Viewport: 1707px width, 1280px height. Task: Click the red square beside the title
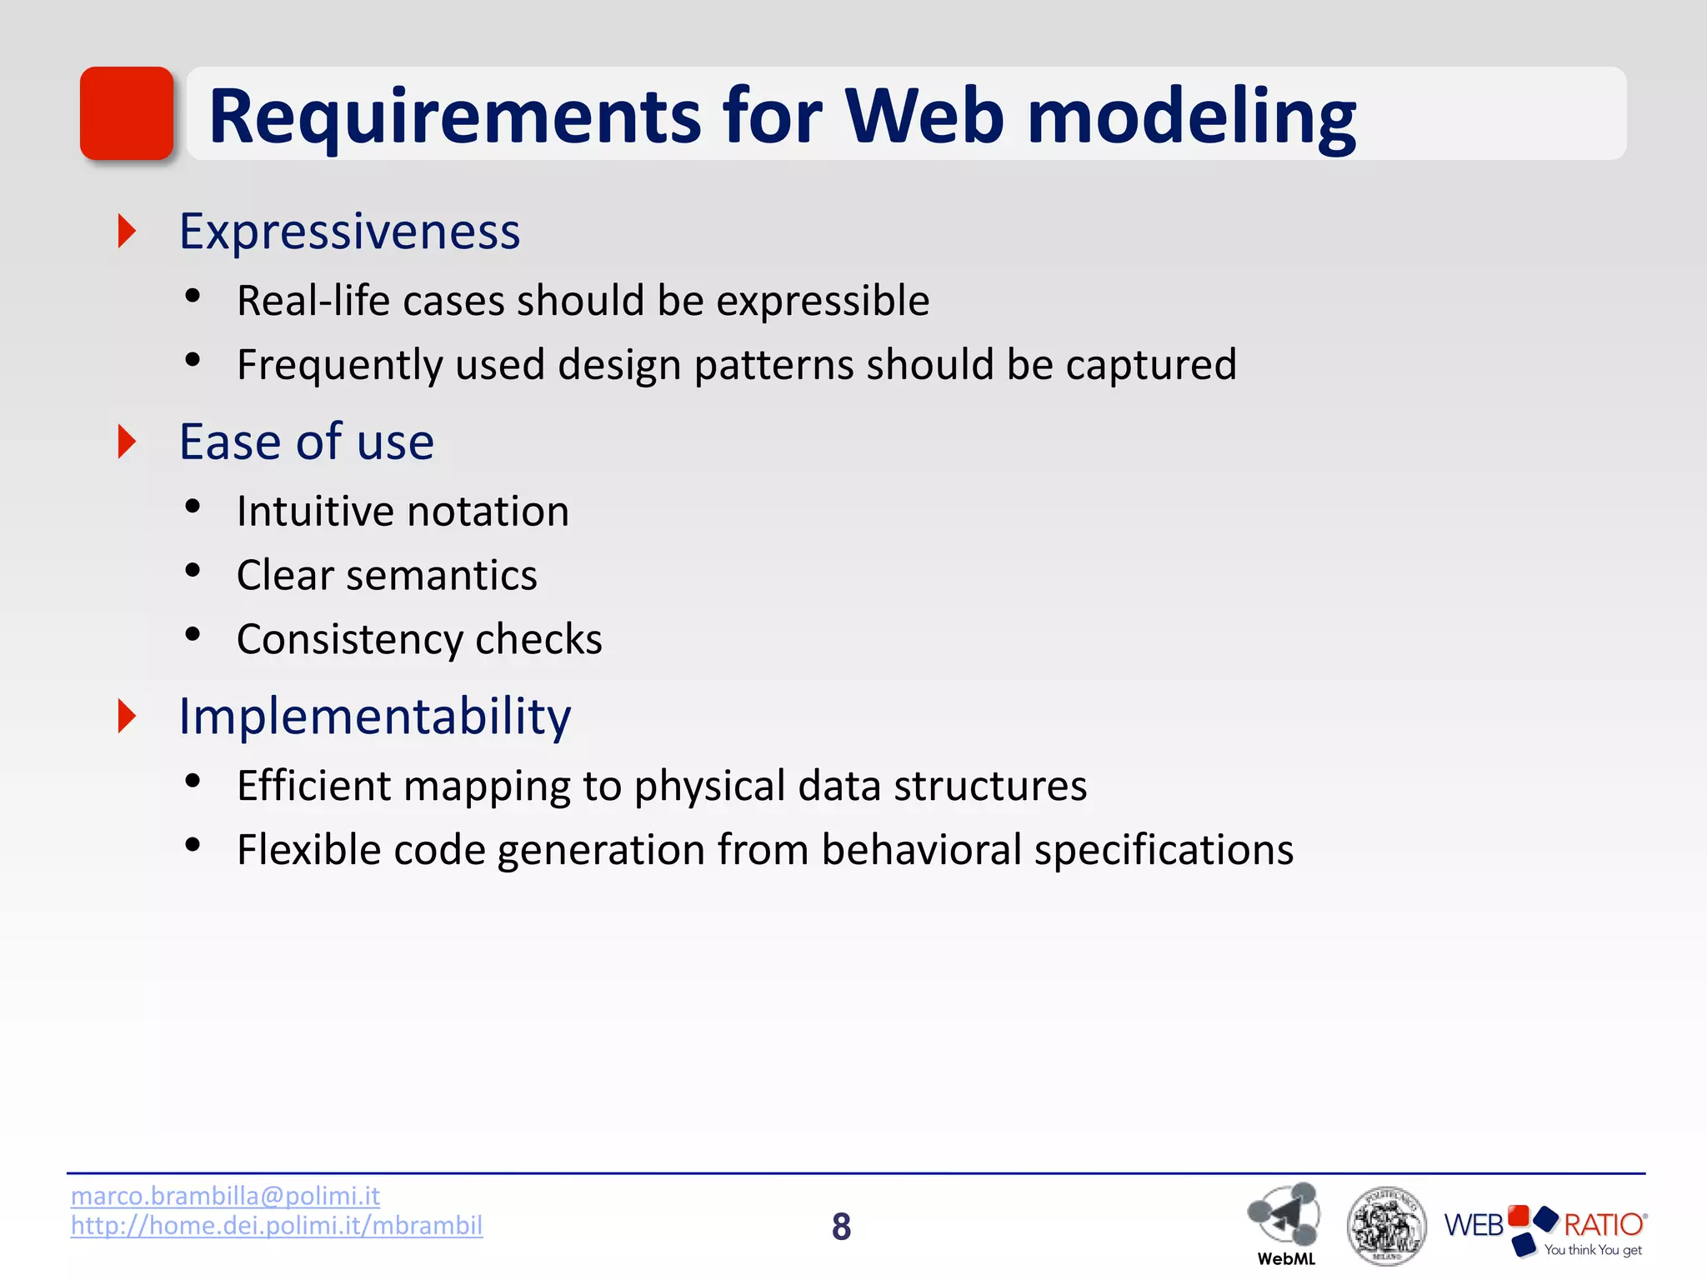pos(127,113)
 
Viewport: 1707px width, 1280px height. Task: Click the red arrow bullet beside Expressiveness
pos(127,231)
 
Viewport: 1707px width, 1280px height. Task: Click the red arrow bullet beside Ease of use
pos(127,442)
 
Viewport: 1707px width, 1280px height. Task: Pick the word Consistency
pos(349,639)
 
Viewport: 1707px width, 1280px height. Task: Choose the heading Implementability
pos(375,716)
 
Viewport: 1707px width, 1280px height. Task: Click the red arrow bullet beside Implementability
pos(127,716)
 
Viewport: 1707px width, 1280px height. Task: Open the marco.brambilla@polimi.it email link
pos(225,1196)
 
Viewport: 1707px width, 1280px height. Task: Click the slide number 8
pos(841,1226)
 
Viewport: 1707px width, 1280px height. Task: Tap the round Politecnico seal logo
pos(1386,1226)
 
